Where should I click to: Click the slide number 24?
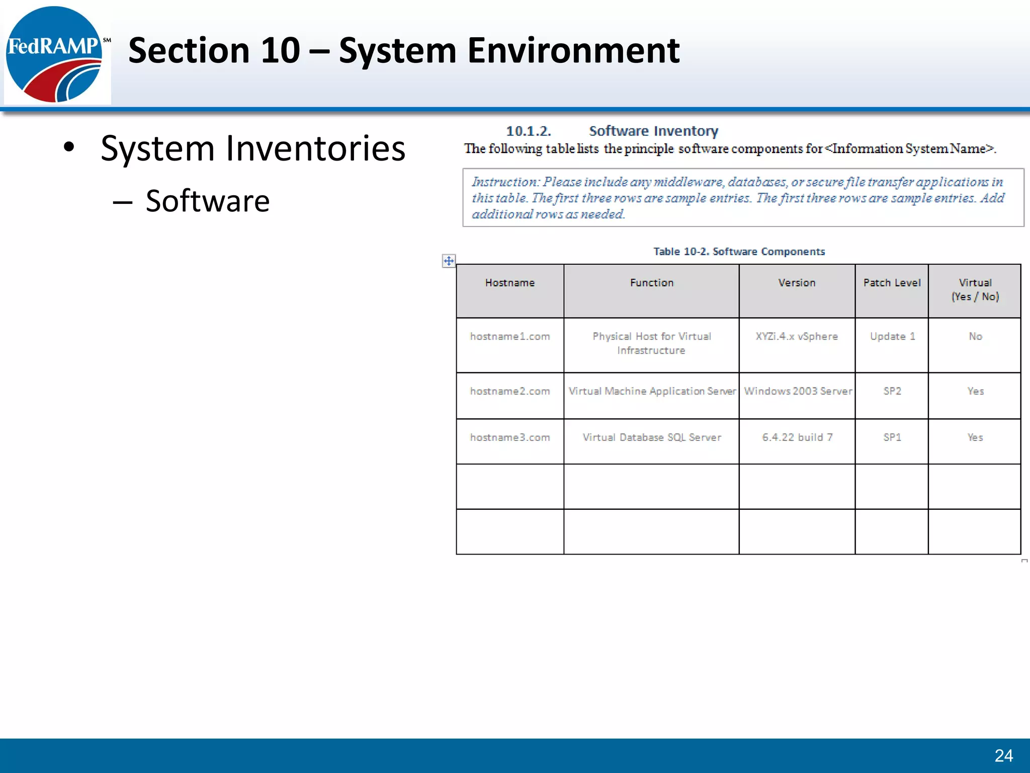point(1003,755)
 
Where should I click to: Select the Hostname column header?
point(510,283)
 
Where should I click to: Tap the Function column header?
point(651,283)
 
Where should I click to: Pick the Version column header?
point(797,283)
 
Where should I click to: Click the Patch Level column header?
point(892,283)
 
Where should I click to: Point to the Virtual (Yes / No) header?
point(975,289)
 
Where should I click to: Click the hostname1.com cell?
point(510,336)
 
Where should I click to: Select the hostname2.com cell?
point(510,391)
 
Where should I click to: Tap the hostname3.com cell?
point(510,437)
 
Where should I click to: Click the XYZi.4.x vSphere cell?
point(797,336)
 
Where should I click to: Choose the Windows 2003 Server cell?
point(798,391)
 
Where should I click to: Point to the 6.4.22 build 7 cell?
point(797,437)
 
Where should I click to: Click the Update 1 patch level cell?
point(892,336)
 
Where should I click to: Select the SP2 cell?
point(892,391)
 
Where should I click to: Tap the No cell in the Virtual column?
point(975,336)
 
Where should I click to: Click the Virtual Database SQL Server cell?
point(651,437)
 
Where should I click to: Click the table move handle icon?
point(449,261)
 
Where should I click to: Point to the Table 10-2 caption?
point(739,252)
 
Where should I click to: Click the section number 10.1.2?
point(528,131)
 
